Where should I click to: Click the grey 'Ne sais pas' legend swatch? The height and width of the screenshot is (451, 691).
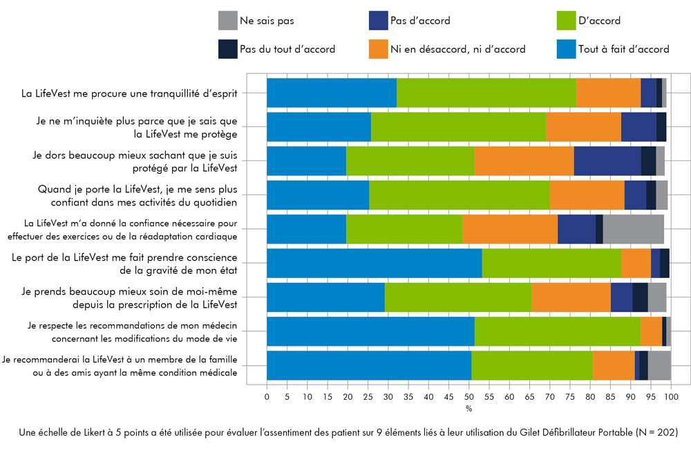click(x=227, y=21)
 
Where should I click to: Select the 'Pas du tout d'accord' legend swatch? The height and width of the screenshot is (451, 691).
click(x=227, y=49)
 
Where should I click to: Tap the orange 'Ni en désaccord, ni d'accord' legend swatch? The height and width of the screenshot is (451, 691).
click(x=379, y=49)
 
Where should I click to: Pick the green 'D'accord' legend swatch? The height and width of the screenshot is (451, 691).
click(x=567, y=21)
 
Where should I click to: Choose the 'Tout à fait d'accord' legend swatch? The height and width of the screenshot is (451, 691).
click(x=567, y=49)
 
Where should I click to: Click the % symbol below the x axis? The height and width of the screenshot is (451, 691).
click(x=468, y=409)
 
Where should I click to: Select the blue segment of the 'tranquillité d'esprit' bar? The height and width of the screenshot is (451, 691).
click(x=331, y=93)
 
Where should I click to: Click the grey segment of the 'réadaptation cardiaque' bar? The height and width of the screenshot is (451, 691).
click(x=633, y=229)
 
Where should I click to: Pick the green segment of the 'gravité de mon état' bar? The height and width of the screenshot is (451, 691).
click(x=551, y=263)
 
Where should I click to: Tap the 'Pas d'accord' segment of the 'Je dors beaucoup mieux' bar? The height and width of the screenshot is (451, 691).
click(x=607, y=160)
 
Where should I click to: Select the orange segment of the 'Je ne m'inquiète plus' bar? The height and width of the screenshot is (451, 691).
click(x=583, y=127)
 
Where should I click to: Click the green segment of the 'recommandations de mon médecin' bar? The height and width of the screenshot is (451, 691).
click(x=557, y=331)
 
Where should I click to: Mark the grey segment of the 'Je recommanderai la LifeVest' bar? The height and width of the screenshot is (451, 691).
click(x=659, y=365)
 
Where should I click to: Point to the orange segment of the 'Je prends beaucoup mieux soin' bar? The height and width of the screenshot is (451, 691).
click(x=571, y=297)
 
